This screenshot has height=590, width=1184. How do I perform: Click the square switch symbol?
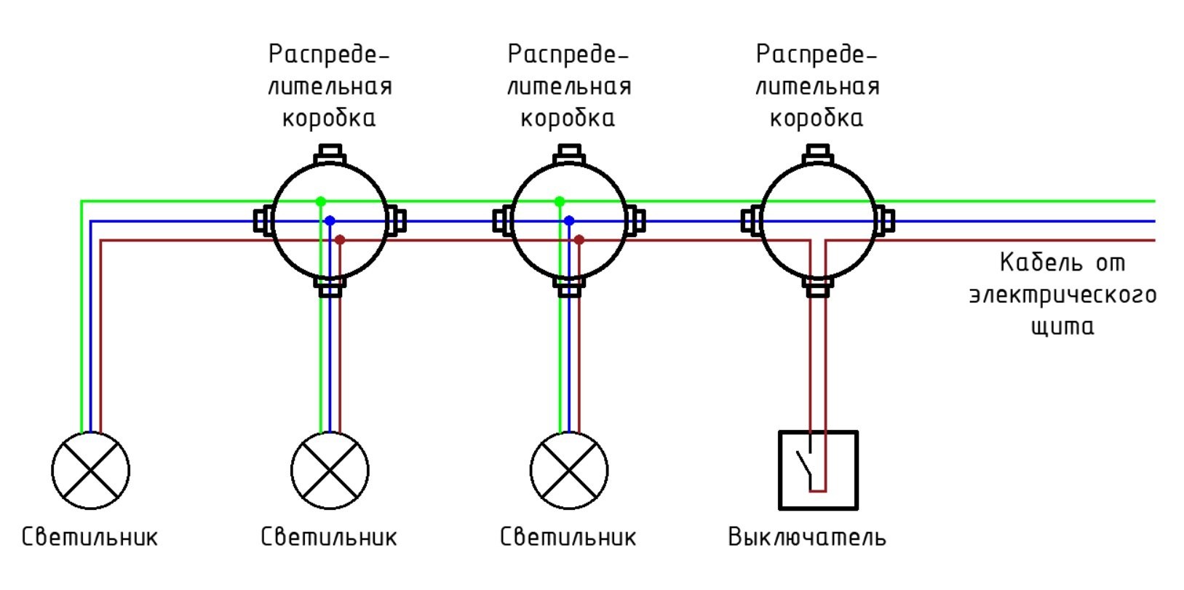[x=818, y=470]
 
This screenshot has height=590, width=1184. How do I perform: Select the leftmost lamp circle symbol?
[x=91, y=470]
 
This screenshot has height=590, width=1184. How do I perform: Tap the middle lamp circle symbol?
[x=330, y=470]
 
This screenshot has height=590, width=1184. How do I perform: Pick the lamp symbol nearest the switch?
[x=568, y=470]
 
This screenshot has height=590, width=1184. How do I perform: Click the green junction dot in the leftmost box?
[x=320, y=201]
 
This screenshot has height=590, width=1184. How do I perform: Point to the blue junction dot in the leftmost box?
[x=330, y=220]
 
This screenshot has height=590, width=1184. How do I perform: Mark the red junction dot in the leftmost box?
[x=340, y=239]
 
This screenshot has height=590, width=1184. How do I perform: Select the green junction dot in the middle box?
[x=559, y=201]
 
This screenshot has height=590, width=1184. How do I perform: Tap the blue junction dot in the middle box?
[x=569, y=220]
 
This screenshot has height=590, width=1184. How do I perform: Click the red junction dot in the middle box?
[x=579, y=239]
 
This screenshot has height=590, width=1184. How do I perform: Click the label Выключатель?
[x=807, y=538]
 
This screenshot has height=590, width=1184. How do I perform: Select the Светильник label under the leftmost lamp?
[x=90, y=538]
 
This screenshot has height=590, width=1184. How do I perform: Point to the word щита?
[x=1062, y=326]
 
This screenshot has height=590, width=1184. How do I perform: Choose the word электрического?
[x=1062, y=295]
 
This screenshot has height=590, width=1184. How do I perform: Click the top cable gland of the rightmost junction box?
[x=818, y=154]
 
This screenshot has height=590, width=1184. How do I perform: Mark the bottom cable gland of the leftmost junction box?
[x=330, y=287]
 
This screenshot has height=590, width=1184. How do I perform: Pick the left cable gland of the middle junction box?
[x=503, y=220]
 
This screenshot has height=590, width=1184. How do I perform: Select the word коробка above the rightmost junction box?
[x=817, y=118]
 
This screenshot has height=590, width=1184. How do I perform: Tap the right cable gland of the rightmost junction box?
[x=884, y=220]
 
